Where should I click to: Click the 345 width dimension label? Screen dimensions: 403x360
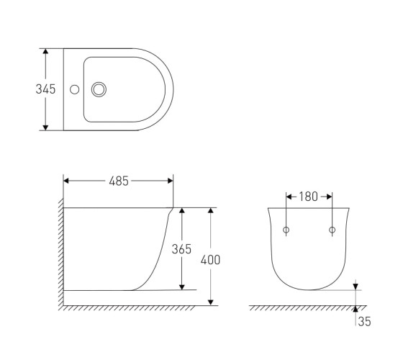(45, 89)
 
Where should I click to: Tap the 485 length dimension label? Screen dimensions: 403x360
(119, 181)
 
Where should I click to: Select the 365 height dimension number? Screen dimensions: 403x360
(181, 249)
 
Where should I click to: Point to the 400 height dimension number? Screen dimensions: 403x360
(210, 260)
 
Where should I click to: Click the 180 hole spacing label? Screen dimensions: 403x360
(308, 197)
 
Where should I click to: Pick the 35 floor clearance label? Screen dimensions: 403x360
(364, 322)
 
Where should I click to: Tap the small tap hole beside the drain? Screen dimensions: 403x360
(75, 89)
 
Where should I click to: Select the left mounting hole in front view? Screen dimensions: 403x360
(286, 230)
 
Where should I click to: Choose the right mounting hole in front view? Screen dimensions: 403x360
(332, 230)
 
